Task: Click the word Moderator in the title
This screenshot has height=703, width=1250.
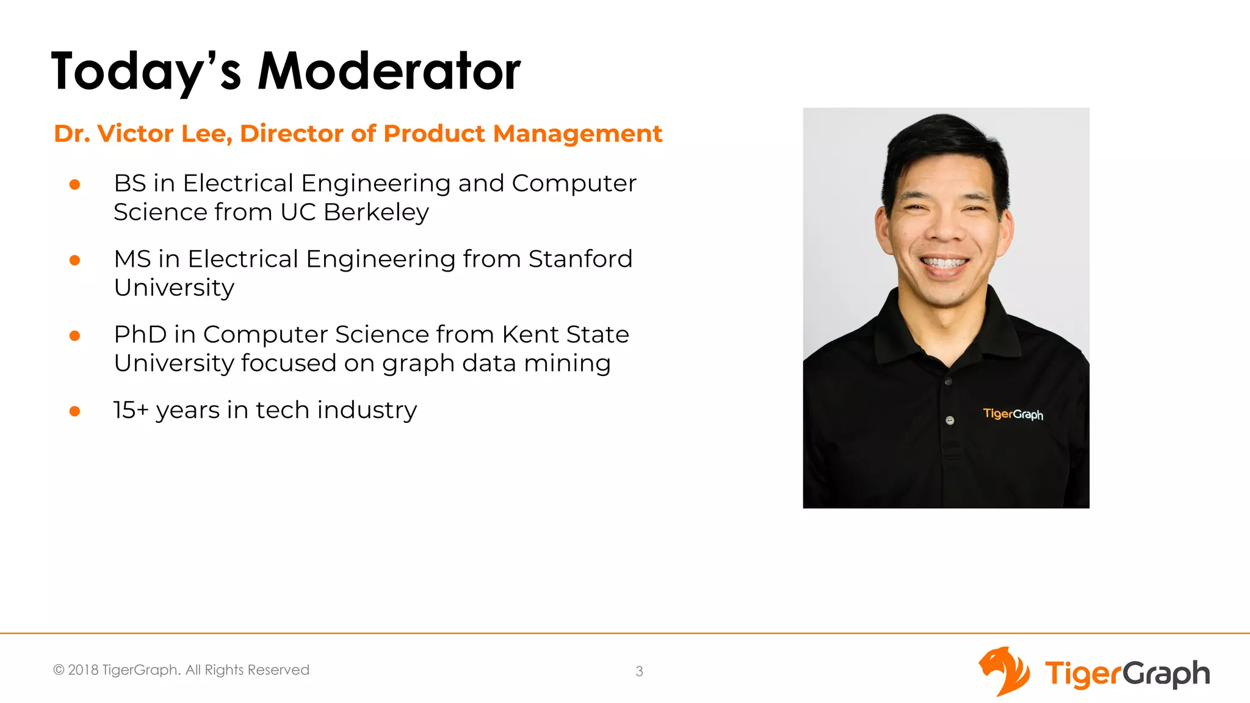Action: pyautogui.click(x=389, y=71)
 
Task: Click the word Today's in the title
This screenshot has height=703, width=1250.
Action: pyautogui.click(x=146, y=71)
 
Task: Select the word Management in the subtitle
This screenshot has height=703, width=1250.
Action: pyautogui.click(x=577, y=134)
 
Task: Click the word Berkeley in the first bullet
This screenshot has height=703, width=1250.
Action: pyautogui.click(x=376, y=212)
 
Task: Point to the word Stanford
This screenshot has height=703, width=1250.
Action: pyautogui.click(x=580, y=259)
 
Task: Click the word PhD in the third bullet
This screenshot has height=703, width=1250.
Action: pyautogui.click(x=140, y=334)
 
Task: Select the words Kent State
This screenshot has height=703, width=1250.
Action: pyautogui.click(x=565, y=334)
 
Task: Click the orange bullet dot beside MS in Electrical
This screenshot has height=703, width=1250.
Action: pyautogui.click(x=75, y=261)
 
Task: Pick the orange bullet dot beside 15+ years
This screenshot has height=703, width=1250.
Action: pyautogui.click(x=75, y=411)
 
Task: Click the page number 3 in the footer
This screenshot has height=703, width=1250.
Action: pyautogui.click(x=639, y=671)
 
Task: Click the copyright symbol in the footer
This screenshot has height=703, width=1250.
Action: pyautogui.click(x=59, y=670)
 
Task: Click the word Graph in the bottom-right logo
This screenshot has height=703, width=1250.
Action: pyautogui.click(x=1166, y=674)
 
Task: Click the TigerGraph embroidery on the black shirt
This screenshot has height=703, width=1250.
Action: pyautogui.click(x=1013, y=414)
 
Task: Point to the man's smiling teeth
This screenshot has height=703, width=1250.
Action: pyautogui.click(x=944, y=264)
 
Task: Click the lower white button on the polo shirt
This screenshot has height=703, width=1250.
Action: pyautogui.click(x=950, y=420)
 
